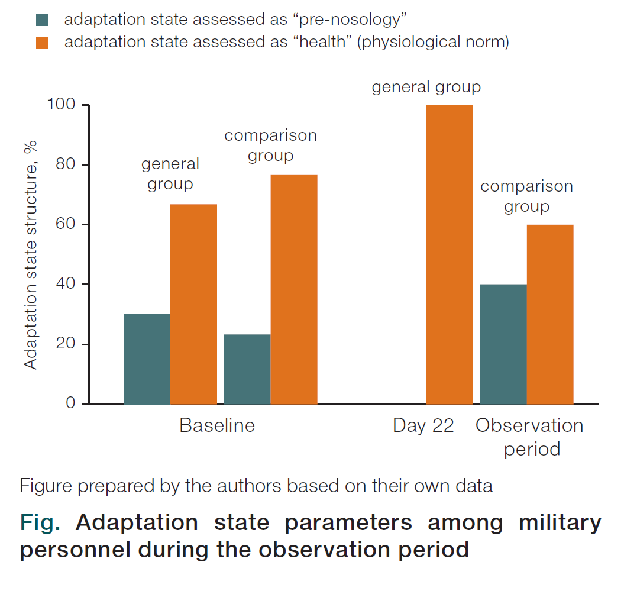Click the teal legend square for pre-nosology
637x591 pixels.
point(42,20)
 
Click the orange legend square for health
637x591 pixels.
point(42,43)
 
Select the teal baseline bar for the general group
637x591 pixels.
point(147,359)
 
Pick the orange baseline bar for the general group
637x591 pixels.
point(194,305)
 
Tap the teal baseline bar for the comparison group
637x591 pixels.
point(247,370)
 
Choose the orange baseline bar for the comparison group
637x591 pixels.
point(294,289)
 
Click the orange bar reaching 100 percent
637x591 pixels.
point(450,255)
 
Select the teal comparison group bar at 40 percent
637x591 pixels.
point(504,344)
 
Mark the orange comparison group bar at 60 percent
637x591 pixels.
point(550,315)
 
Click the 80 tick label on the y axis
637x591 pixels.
point(66,164)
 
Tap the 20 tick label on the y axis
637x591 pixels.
point(66,344)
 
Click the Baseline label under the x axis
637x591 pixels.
point(217,425)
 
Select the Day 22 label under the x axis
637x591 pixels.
point(423,426)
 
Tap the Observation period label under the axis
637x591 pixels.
point(530,437)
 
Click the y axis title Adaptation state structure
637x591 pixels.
point(31,255)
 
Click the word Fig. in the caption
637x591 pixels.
point(40,522)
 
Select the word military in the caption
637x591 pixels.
point(560,523)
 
